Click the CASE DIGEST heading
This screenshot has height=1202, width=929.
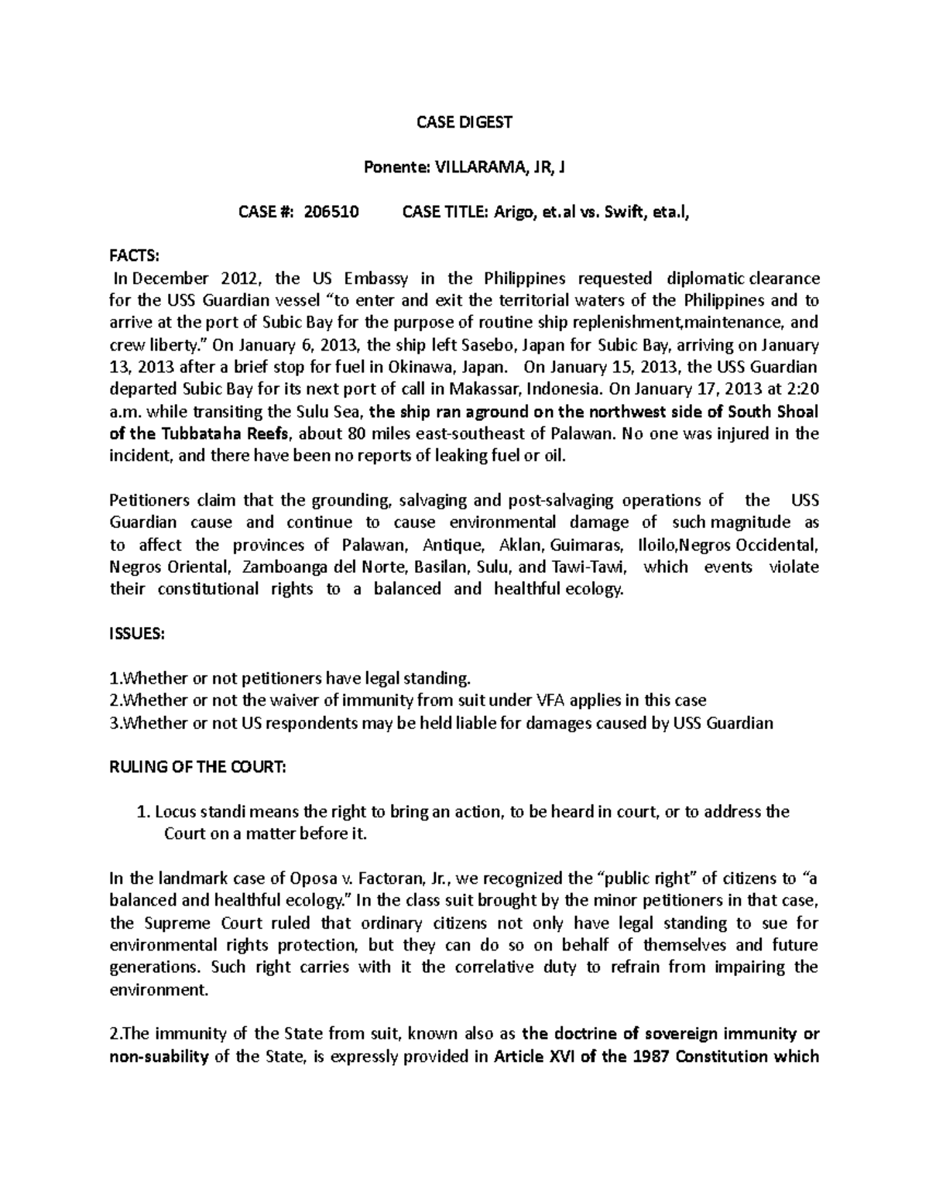pyautogui.click(x=464, y=122)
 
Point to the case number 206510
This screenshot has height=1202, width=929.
pyautogui.click(x=331, y=212)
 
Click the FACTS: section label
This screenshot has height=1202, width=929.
pyautogui.click(x=133, y=256)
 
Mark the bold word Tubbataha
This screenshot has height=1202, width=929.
pyautogui.click(x=188, y=433)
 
